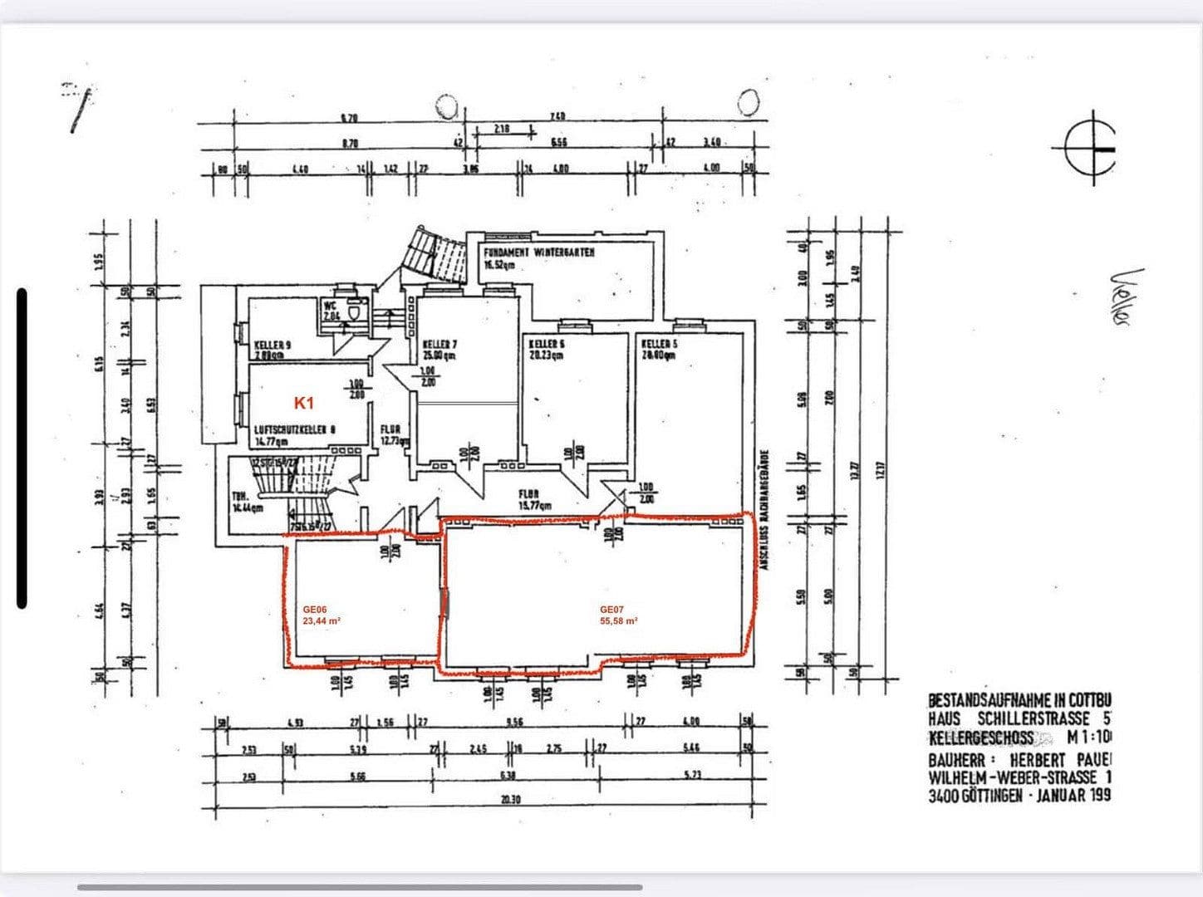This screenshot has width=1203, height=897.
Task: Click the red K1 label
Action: coord(304,403)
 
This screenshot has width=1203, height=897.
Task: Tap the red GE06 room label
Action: coord(315,610)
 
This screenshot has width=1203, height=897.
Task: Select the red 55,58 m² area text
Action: coord(619,620)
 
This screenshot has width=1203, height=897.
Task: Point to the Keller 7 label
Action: coord(439,344)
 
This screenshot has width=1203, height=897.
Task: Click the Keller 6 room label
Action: coord(546,343)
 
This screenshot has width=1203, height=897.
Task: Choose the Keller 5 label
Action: coord(656,343)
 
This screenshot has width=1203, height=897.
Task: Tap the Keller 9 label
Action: coord(273,345)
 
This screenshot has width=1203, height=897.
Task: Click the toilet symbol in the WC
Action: coord(356,311)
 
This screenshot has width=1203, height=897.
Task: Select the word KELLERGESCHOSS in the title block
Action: coord(980,738)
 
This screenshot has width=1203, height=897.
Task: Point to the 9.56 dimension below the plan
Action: coord(513,723)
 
